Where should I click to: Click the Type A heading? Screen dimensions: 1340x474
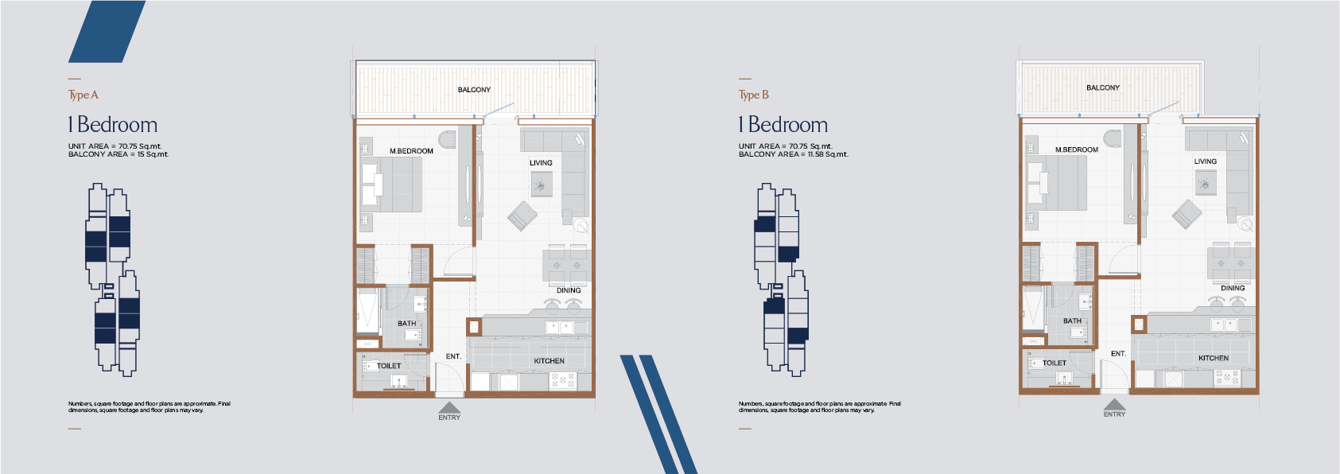(84, 95)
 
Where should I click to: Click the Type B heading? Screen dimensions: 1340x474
(754, 95)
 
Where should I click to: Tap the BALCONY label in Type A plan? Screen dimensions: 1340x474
(475, 90)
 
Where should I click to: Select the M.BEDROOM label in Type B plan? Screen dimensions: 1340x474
(1077, 150)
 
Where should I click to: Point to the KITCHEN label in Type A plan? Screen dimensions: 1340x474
(550, 361)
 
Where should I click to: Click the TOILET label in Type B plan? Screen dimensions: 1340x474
(1055, 363)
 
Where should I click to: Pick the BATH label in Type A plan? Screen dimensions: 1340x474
(407, 323)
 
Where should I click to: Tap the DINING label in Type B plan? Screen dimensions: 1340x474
(1233, 288)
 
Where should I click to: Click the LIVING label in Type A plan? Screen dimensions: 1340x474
(541, 163)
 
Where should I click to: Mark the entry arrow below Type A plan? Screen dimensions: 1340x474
(449, 407)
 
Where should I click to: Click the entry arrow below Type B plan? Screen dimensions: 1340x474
(1114, 404)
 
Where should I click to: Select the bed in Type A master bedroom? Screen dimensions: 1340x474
(390, 185)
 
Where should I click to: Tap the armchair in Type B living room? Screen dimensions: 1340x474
(1187, 214)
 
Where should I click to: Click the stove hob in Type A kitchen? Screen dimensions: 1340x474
(562, 380)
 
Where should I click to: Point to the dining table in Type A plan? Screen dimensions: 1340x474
(567, 265)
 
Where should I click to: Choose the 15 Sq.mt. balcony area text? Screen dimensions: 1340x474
(153, 154)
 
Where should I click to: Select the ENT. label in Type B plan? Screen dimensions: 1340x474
(1119, 354)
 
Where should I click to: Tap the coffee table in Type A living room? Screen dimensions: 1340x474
(542, 185)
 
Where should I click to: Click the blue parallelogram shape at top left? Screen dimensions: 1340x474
(107, 31)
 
